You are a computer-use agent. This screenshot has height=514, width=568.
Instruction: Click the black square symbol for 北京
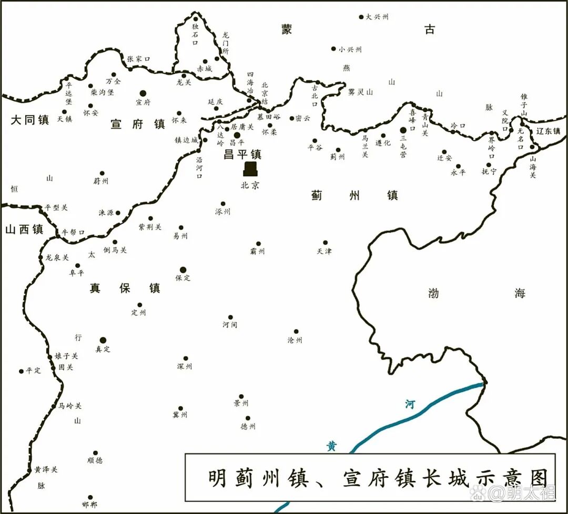250,169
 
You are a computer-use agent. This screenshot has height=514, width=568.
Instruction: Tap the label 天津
324,251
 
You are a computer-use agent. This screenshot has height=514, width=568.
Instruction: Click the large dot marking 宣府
143,92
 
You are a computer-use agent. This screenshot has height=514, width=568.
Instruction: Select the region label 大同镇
30,120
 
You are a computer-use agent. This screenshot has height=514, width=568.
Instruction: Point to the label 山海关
532,166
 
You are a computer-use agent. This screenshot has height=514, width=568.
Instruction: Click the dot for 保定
183,269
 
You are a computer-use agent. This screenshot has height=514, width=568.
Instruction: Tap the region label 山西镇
25,229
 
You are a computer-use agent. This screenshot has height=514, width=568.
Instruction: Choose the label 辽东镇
549,131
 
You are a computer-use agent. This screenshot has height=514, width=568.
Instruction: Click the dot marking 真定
103,340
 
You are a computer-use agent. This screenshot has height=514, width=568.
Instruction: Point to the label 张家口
138,59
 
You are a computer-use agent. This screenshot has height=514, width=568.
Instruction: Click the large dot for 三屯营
403,130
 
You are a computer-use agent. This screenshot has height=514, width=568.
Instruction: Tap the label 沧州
295,340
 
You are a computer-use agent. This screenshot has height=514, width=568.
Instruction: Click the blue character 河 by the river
410,404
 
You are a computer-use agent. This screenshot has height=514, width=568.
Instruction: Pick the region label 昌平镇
242,154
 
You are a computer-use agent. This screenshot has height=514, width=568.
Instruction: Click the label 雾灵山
360,92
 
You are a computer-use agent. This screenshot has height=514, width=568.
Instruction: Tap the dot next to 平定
22,371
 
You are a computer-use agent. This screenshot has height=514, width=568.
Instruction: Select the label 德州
248,427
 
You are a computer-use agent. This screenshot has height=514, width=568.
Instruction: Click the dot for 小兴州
333,49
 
